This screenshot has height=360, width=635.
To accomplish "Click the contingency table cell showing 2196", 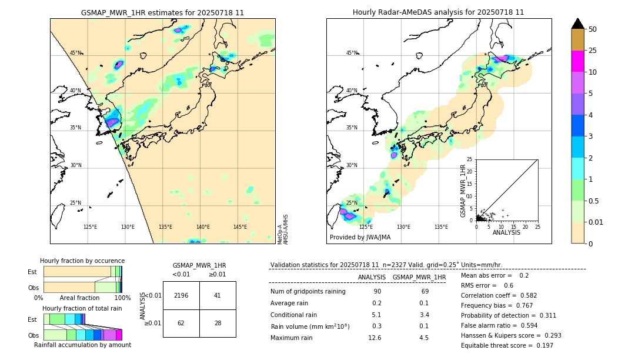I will pyautogui.click(x=181, y=295).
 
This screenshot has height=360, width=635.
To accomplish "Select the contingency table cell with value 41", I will pyautogui.click(x=218, y=295).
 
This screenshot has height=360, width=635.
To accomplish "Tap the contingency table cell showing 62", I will pyautogui.click(x=181, y=323).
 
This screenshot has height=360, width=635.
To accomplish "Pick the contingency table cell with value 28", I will pyautogui.click(x=218, y=323).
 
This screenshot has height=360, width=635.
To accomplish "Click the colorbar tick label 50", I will pyautogui.click(x=593, y=29).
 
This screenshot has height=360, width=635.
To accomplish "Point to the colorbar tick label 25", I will pyautogui.click(x=593, y=51).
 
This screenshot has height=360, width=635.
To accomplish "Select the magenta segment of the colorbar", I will pyautogui.click(x=578, y=61).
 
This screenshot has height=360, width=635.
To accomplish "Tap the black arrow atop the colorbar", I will pyautogui.click(x=578, y=24).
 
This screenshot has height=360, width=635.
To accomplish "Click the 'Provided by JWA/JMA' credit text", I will pyautogui.click(x=360, y=238).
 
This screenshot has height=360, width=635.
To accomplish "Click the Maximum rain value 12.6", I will pyautogui.click(x=375, y=338).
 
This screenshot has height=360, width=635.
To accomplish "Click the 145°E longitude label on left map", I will pyautogui.click(x=240, y=227).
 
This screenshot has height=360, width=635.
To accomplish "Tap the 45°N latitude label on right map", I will pyautogui.click(x=352, y=53).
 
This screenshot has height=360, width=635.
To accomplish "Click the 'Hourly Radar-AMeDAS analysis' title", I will pyautogui.click(x=438, y=12).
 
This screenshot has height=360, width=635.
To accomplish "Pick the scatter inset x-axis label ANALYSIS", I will pyautogui.click(x=506, y=233).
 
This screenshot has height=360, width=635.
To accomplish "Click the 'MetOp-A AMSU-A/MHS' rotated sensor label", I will pyautogui.click(x=283, y=229).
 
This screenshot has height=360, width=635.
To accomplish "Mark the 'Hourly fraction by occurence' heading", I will pyautogui.click(x=82, y=261).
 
